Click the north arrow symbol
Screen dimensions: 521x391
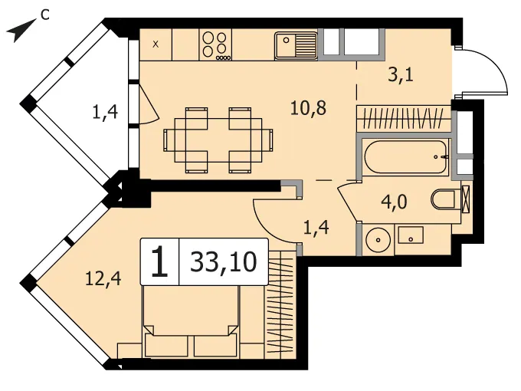(21, 31)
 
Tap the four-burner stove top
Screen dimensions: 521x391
(215, 45)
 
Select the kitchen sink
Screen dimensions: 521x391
(296, 46)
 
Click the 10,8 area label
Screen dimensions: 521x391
(308, 108)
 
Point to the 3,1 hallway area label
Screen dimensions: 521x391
(401, 75)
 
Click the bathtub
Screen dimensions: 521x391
(406, 157)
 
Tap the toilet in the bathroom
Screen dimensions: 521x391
(444, 199)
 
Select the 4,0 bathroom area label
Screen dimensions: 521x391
(394, 202)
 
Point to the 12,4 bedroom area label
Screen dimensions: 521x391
(103, 278)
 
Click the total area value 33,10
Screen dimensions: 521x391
(224, 262)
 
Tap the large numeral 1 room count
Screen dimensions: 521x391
(159, 262)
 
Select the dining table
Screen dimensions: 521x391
(218, 140)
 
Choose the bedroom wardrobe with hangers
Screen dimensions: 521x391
(280, 304)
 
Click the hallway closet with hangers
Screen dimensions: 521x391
(404, 119)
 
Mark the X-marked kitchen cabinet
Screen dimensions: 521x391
(156, 44)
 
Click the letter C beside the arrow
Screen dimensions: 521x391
(45, 15)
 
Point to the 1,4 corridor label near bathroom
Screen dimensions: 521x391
(316, 228)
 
